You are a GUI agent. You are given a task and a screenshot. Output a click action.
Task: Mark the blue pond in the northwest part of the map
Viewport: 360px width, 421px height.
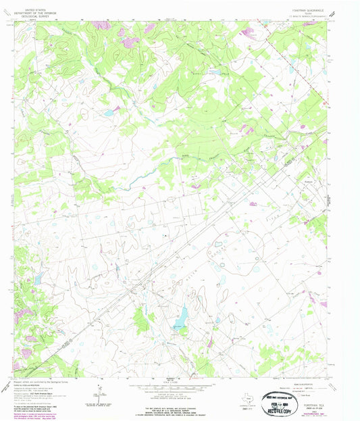pyautogui.click(x=108, y=113)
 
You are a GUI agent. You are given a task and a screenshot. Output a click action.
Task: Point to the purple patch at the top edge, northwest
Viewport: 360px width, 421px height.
pyautogui.click(x=101, y=26)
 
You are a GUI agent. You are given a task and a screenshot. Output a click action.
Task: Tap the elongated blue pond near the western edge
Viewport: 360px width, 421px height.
pyautogui.click(x=37, y=278)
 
